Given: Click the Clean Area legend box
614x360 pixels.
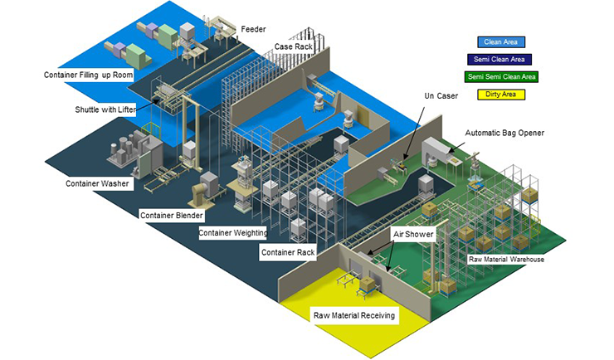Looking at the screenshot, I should point(501,42).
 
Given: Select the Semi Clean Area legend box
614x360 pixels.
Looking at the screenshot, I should point(501,60).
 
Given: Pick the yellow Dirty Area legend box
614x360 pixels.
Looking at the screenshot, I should point(501,95).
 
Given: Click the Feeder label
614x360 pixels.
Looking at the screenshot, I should point(253,30).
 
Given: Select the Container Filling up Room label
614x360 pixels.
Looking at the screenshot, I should point(87,75).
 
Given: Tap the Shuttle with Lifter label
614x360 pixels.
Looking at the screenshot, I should point(102,109).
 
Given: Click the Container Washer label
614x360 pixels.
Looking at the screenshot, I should point(97,182).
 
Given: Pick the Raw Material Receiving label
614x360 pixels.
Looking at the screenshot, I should point(354,315).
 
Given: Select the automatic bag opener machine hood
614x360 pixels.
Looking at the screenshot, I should point(435,149).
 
